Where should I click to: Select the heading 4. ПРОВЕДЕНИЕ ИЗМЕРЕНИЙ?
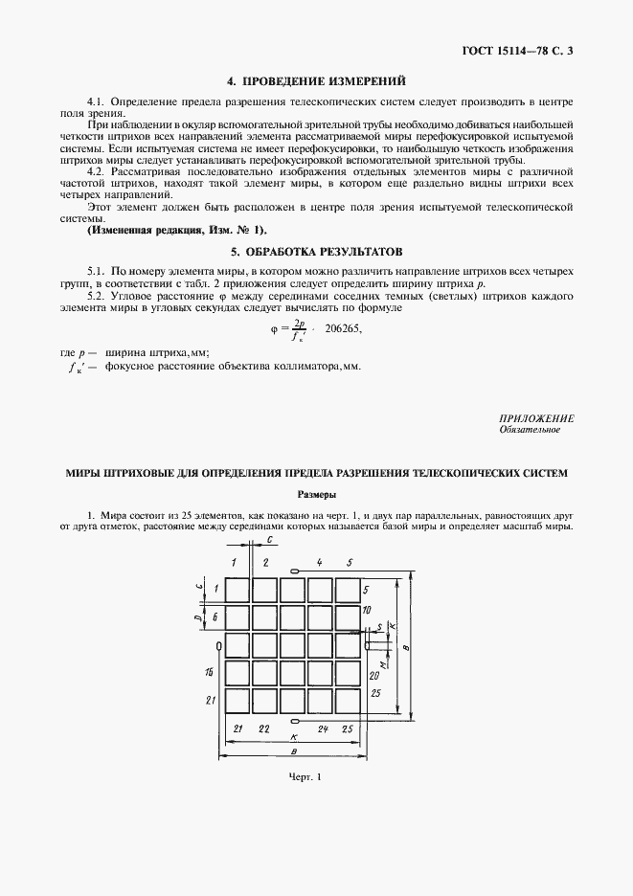tap(316, 81)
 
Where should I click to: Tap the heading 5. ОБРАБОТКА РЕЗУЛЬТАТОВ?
tap(316, 252)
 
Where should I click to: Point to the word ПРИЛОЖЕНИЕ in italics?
tap(536, 418)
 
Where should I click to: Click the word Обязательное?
tap(530, 430)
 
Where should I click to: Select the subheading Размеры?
tap(316, 495)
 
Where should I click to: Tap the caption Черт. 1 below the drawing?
tap(303, 775)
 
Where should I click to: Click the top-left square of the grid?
tap(237, 588)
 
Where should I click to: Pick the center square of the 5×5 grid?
tap(293, 646)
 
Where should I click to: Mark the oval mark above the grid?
tap(295, 571)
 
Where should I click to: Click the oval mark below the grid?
tap(295, 720)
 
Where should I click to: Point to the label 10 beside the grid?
tap(368, 610)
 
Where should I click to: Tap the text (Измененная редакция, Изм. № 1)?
tap(177, 231)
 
